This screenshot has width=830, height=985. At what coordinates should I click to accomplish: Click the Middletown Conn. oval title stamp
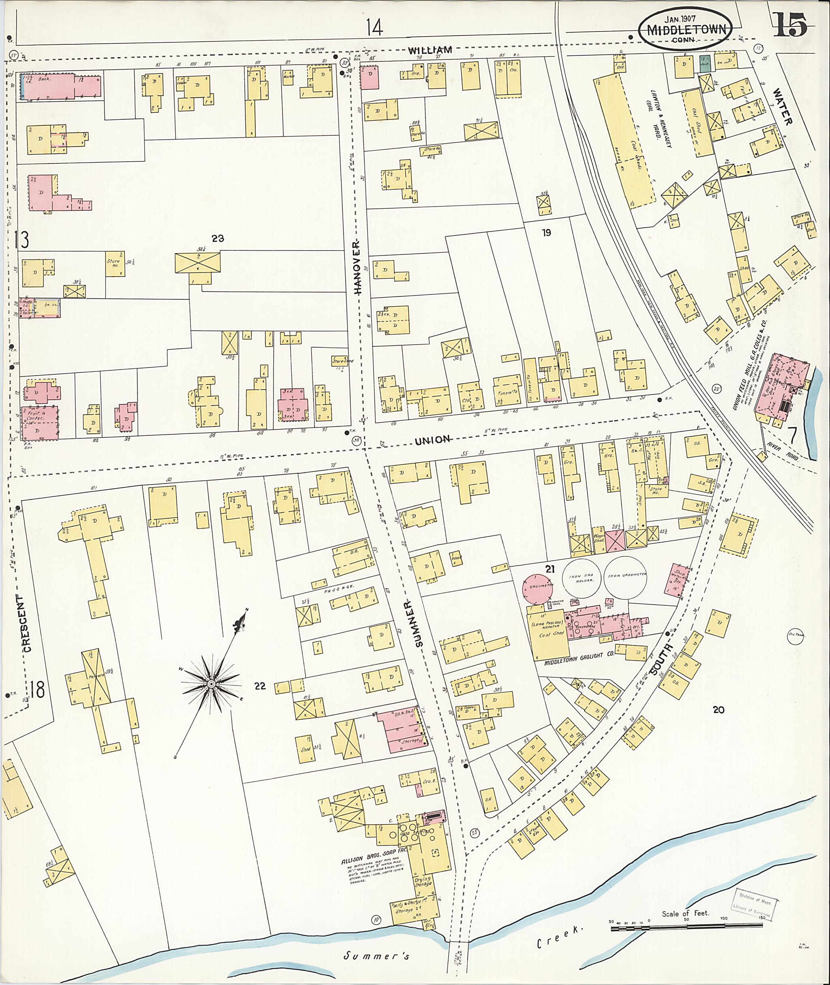click(x=685, y=28)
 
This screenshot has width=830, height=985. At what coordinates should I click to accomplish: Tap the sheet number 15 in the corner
click(x=789, y=24)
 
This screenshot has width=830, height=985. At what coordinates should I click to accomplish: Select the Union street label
click(x=432, y=440)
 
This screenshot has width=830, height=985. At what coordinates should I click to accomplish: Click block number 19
click(x=546, y=232)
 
